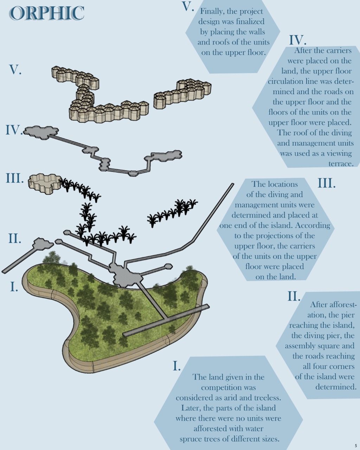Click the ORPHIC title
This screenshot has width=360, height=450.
(47, 13)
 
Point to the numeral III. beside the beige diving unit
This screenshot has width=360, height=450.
(15, 178)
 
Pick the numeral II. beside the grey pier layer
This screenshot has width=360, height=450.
(15, 239)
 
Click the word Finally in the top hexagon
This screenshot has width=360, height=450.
(212, 12)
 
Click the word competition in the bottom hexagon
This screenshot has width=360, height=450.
(229, 387)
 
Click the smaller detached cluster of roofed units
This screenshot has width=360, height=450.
(183, 92)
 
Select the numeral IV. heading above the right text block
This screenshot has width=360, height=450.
(298, 40)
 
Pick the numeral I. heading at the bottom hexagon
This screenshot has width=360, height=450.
(176, 366)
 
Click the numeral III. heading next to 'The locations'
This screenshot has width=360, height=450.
(327, 183)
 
